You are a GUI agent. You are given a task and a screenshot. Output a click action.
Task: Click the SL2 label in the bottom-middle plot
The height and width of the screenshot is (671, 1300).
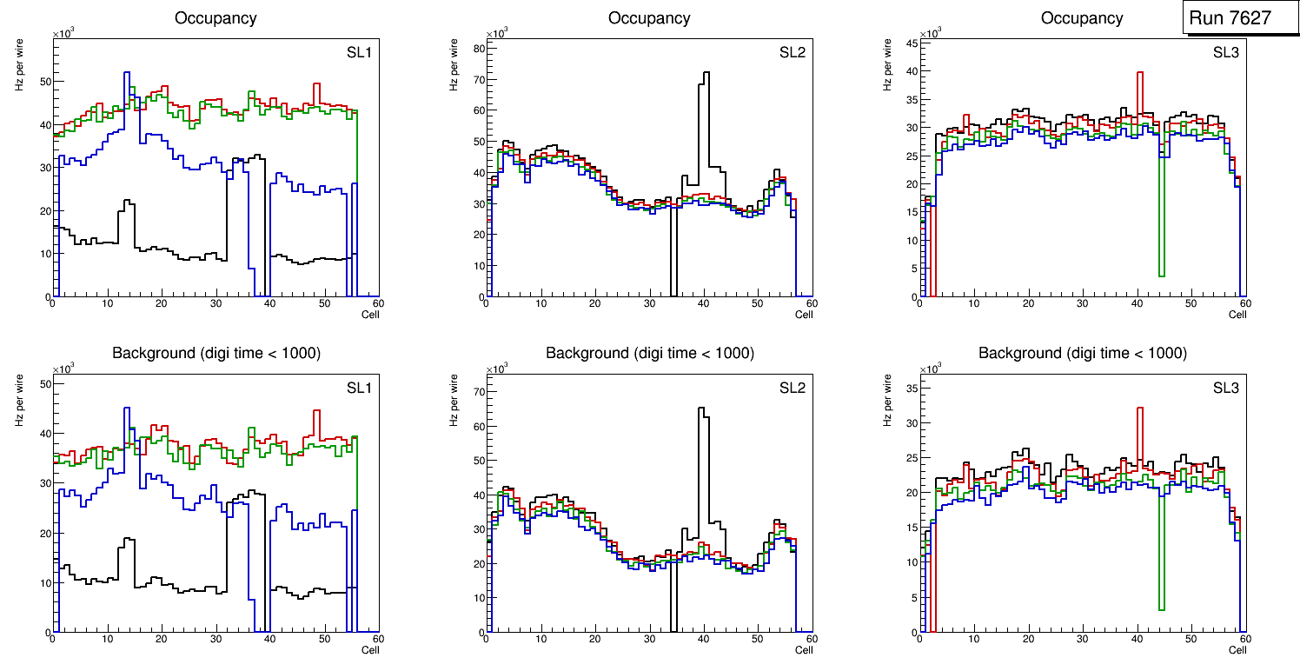click(792, 388)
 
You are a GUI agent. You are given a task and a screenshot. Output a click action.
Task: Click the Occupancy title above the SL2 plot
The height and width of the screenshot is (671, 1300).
click(649, 18)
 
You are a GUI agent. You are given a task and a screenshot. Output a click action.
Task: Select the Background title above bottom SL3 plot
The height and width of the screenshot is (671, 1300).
click(1082, 354)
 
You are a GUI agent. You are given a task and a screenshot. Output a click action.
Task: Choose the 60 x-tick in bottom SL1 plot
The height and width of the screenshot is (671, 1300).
click(378, 640)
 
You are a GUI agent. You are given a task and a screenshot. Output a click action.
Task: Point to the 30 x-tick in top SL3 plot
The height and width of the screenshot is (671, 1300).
click(1082, 304)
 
